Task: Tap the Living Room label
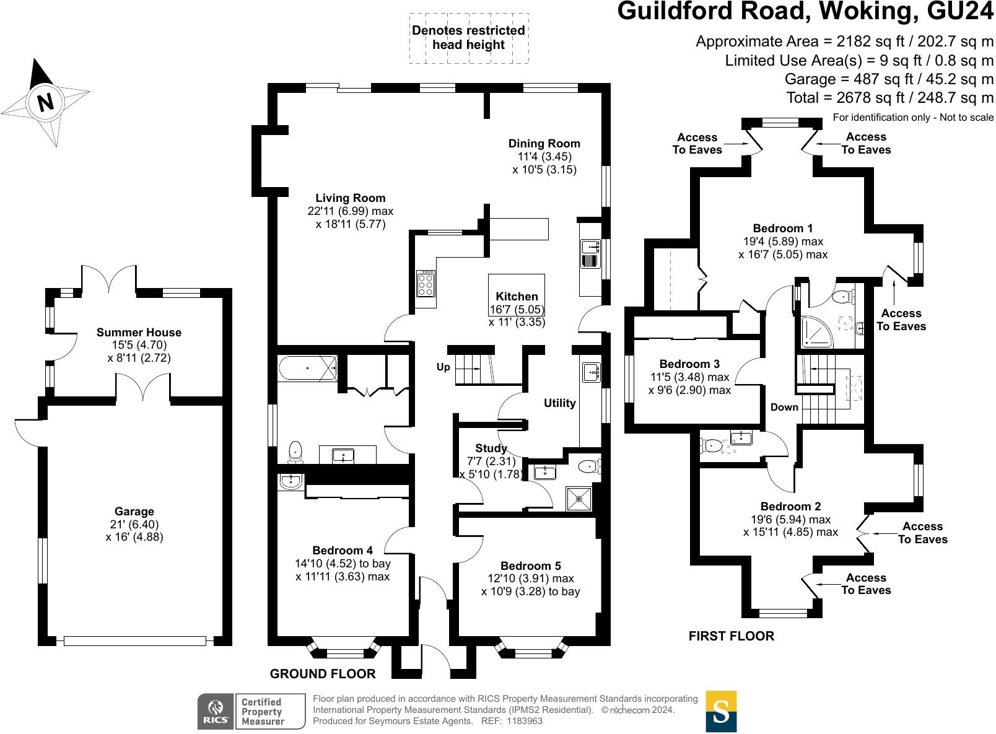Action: (x=350, y=198)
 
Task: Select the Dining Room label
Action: (x=544, y=144)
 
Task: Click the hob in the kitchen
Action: (x=426, y=284)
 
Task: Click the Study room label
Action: (x=491, y=448)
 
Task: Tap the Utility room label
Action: (x=559, y=403)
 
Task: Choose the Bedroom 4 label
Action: (x=343, y=550)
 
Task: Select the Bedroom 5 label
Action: (x=530, y=566)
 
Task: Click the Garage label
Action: (x=134, y=512)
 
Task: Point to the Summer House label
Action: (x=139, y=333)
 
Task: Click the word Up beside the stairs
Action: (x=443, y=367)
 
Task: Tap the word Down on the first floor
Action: (x=784, y=407)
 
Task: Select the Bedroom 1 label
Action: (x=783, y=228)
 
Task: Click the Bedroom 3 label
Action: (x=689, y=364)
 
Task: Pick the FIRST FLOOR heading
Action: (x=731, y=636)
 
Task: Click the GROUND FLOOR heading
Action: (x=323, y=674)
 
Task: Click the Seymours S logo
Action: (x=721, y=711)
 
